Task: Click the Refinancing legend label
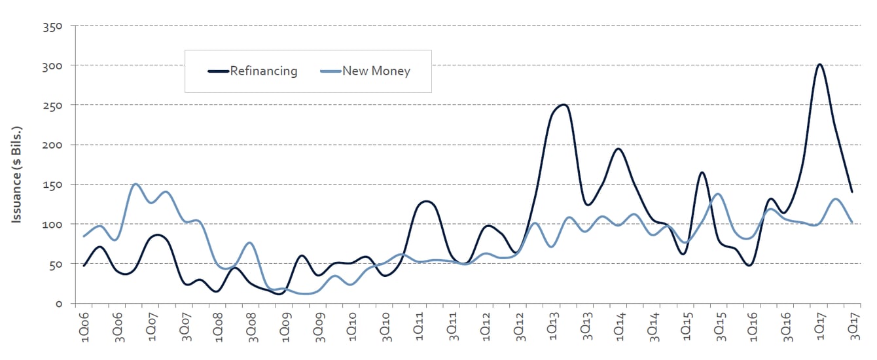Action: (x=263, y=71)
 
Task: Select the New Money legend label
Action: (x=376, y=71)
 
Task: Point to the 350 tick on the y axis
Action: (x=52, y=26)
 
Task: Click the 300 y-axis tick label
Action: (x=52, y=65)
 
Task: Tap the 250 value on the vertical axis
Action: (x=52, y=105)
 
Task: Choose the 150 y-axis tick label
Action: (x=52, y=185)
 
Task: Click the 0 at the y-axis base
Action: (x=58, y=304)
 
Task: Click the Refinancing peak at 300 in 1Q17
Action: (x=819, y=64)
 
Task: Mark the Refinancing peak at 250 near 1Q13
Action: (x=562, y=105)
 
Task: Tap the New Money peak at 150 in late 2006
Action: (x=135, y=184)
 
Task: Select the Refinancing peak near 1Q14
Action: (x=618, y=149)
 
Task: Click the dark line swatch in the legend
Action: (x=218, y=71)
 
